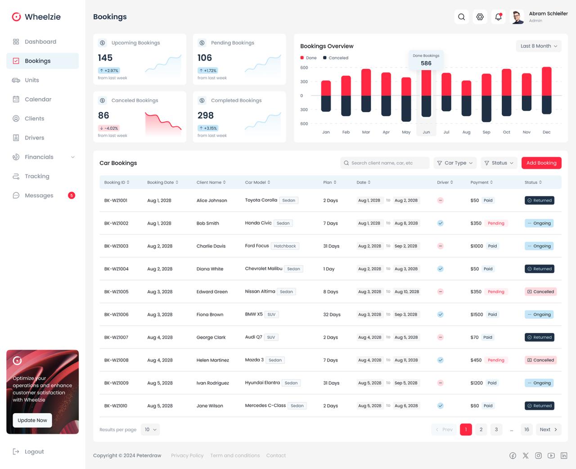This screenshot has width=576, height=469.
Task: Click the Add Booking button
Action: click(541, 163)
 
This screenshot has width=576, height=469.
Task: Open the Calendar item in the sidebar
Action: click(38, 100)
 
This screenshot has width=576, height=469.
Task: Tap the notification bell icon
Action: click(498, 17)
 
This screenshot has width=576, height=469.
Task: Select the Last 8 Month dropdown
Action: click(539, 46)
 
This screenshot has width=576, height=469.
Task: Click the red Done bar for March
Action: click(366, 82)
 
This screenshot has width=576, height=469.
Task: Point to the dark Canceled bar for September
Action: click(486, 109)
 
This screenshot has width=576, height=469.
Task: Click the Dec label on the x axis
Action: click(546, 132)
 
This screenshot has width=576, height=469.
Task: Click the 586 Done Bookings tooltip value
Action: click(426, 64)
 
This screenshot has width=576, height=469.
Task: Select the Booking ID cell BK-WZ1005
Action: click(117, 292)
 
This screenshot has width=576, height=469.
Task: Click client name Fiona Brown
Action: click(210, 315)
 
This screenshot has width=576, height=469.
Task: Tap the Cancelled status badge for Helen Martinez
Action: click(540, 360)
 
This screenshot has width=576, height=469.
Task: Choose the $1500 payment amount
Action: click(477, 315)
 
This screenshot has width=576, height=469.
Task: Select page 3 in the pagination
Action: click(496, 430)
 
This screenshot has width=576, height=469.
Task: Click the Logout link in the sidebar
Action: click(34, 452)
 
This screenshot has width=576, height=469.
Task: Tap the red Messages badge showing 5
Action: click(72, 196)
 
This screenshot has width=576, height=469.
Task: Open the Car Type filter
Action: click(455, 163)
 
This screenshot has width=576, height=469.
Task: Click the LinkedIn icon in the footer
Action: click(564, 456)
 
